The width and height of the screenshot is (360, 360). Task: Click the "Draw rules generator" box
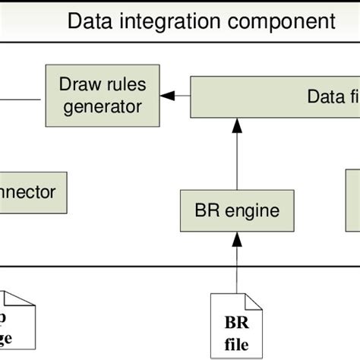[x=102, y=96]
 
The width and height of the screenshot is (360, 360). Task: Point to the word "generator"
[x=102, y=106]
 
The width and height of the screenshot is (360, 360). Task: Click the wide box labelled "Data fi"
[x=273, y=96]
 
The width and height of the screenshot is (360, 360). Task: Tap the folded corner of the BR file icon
[x=256, y=302]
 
